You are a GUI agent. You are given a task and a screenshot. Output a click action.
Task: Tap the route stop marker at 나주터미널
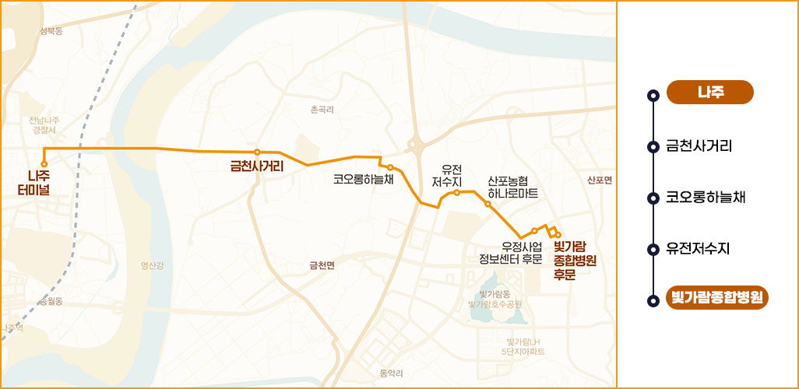coord(44,163)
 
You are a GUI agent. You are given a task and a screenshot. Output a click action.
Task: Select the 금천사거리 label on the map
coord(256,166)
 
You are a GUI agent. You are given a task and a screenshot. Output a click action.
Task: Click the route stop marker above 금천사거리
coord(257,152)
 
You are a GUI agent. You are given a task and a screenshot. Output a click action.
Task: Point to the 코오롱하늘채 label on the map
coord(364,179)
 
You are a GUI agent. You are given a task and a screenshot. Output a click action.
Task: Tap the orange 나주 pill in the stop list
coord(710,92)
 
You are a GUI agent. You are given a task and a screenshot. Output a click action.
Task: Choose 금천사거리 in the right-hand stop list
coord(699,145)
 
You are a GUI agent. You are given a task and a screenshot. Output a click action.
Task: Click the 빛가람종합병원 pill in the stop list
coord(717,297)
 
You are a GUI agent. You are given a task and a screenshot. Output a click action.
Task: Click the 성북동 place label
coord(51,31)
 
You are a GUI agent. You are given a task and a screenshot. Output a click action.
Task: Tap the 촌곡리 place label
coord(322,110)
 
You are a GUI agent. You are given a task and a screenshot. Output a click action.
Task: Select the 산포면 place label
coord(600,180)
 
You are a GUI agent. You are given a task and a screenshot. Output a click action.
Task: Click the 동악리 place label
coord(391,373)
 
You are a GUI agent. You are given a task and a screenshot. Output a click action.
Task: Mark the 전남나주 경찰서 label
coord(44,125)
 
